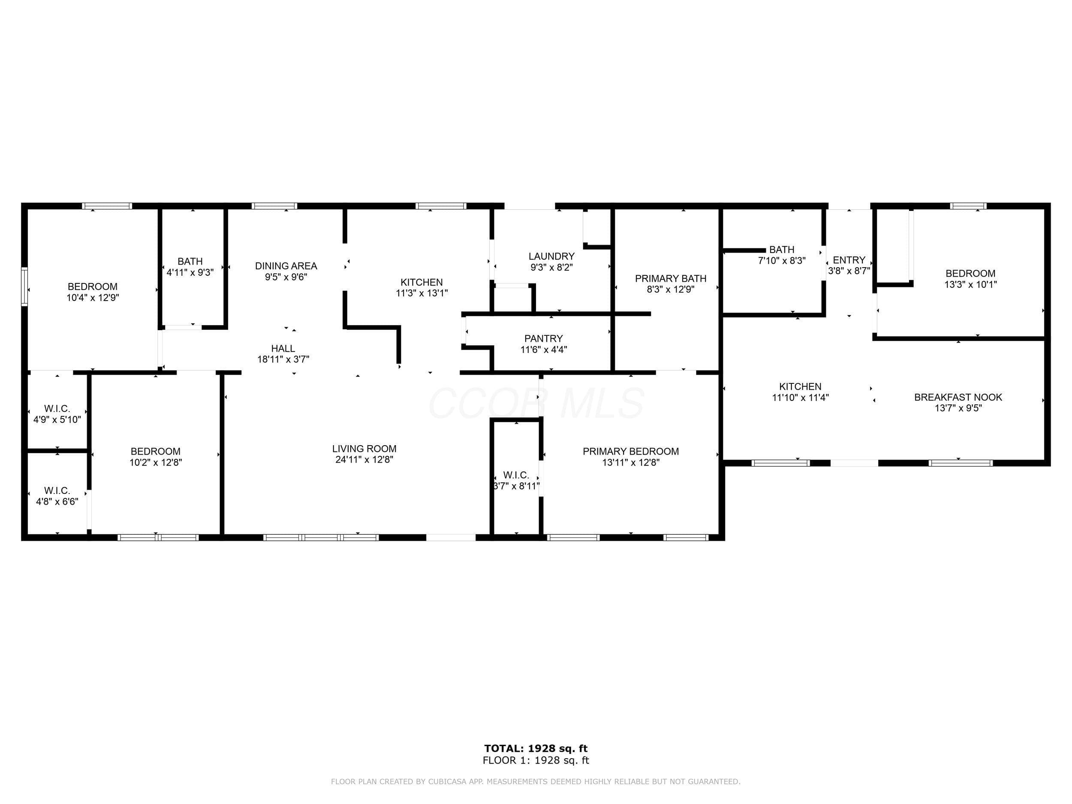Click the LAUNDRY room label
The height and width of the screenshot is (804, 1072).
(x=551, y=256)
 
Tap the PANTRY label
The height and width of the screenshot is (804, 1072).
(x=543, y=339)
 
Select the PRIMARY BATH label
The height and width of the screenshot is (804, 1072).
(x=671, y=279)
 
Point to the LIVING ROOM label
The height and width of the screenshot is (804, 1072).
(x=364, y=449)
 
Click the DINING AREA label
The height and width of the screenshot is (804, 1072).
(x=286, y=266)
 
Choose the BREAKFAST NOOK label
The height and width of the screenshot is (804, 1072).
(x=958, y=397)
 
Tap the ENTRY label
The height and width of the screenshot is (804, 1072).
(x=849, y=260)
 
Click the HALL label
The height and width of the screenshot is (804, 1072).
(x=283, y=349)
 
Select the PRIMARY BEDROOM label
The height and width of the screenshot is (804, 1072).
(x=630, y=452)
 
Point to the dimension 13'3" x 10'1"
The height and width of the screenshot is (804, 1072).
(x=970, y=284)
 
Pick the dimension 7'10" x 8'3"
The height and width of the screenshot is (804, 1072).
(x=782, y=261)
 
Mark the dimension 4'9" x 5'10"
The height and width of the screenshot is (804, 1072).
(x=57, y=420)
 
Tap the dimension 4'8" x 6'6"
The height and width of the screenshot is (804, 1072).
(x=57, y=502)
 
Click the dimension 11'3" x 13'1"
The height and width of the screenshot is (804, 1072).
(x=422, y=293)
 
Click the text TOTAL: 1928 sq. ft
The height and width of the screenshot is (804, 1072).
(x=536, y=749)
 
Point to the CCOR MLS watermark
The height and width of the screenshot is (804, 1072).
(x=536, y=403)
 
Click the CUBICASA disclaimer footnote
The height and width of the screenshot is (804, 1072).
(x=536, y=781)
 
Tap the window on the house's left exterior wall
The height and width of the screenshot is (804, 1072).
(x=24, y=286)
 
